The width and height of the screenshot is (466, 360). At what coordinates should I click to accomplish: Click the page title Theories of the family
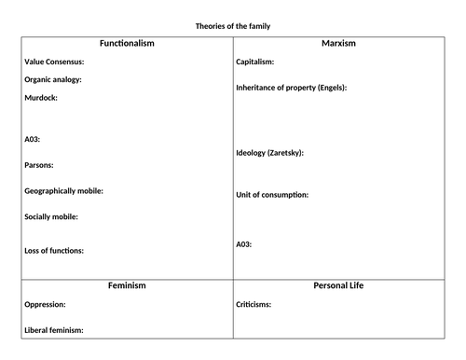(232, 26)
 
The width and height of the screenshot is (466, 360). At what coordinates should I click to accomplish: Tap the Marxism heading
(338, 44)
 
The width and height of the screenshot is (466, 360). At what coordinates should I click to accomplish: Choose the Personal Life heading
(338, 285)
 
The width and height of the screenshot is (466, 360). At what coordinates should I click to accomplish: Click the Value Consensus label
(54, 62)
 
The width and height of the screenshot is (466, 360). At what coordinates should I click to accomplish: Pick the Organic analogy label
(53, 79)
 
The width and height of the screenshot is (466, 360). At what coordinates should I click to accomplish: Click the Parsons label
(39, 165)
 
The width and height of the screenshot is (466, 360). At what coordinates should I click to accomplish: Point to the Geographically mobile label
(63, 191)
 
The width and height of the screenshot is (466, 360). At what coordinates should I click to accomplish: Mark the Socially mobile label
(51, 217)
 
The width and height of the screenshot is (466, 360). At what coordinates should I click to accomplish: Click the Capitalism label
(255, 62)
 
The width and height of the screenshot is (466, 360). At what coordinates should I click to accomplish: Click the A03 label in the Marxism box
(244, 244)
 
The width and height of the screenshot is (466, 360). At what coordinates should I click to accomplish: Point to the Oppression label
(46, 304)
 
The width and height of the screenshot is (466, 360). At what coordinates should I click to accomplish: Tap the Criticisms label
(254, 304)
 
